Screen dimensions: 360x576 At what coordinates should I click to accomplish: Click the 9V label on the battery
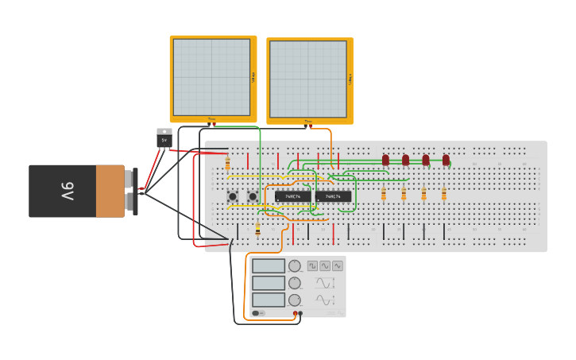tap(68, 191)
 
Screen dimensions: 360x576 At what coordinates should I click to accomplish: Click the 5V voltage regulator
tap(164, 137)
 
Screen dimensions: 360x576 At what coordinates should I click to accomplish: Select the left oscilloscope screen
tap(211, 77)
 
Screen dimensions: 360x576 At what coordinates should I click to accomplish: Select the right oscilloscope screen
tap(307, 79)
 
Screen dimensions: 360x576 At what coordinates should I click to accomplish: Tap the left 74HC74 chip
tap(293, 196)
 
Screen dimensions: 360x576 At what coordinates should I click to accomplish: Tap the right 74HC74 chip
tap(333, 196)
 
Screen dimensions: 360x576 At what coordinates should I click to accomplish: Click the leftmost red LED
tap(385, 160)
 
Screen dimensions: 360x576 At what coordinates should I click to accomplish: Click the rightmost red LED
tap(446, 160)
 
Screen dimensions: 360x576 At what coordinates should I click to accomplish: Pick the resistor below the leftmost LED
tap(384, 194)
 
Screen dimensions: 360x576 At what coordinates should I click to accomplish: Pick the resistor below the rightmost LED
tap(444, 194)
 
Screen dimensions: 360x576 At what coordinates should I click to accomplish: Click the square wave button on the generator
tap(312, 265)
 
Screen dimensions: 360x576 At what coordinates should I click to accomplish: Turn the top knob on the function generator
tap(295, 265)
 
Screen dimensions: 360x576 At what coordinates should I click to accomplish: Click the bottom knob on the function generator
tap(295, 300)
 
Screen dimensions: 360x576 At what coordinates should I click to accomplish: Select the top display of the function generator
tap(269, 265)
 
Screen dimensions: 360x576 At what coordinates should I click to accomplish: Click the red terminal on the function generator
tap(295, 313)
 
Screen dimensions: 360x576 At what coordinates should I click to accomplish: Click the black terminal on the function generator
tap(300, 313)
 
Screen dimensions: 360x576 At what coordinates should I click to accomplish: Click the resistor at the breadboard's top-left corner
tap(228, 164)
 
